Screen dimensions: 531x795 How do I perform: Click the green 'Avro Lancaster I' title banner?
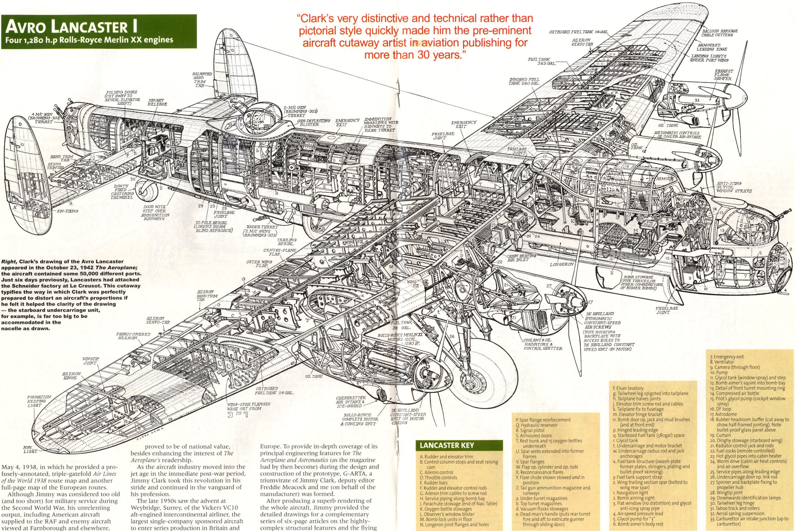98,31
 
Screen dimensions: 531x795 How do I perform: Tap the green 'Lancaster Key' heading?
459,445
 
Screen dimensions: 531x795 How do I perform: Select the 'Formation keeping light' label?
39,401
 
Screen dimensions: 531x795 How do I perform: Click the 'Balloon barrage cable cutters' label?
720,33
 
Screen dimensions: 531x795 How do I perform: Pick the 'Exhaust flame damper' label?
724,74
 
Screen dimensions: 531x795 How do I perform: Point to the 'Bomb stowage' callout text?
643,282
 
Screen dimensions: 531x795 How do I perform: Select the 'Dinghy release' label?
157,102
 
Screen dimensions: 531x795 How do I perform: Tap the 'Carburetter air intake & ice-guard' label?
351,402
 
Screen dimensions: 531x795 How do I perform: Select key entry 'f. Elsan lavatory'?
628,388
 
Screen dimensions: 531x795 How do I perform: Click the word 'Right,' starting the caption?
9,261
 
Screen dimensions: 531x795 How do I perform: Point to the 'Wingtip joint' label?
90,361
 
